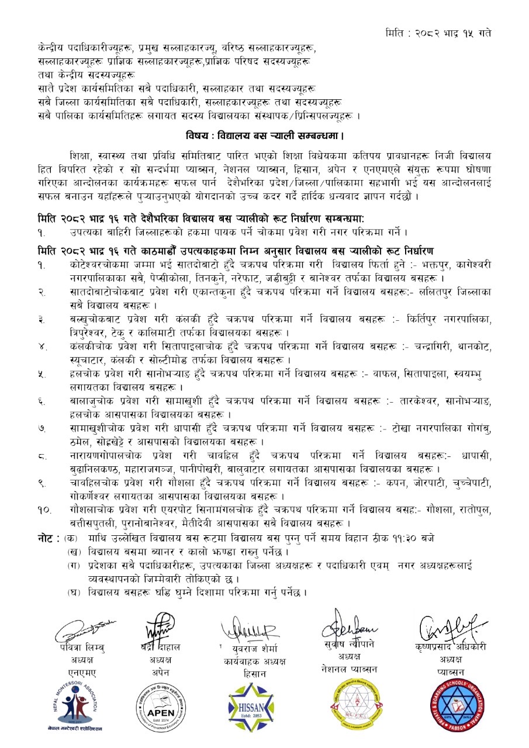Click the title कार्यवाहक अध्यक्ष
pyautogui.click(x=250, y=662)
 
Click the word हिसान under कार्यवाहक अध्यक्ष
pyautogui.click(x=250, y=674)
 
